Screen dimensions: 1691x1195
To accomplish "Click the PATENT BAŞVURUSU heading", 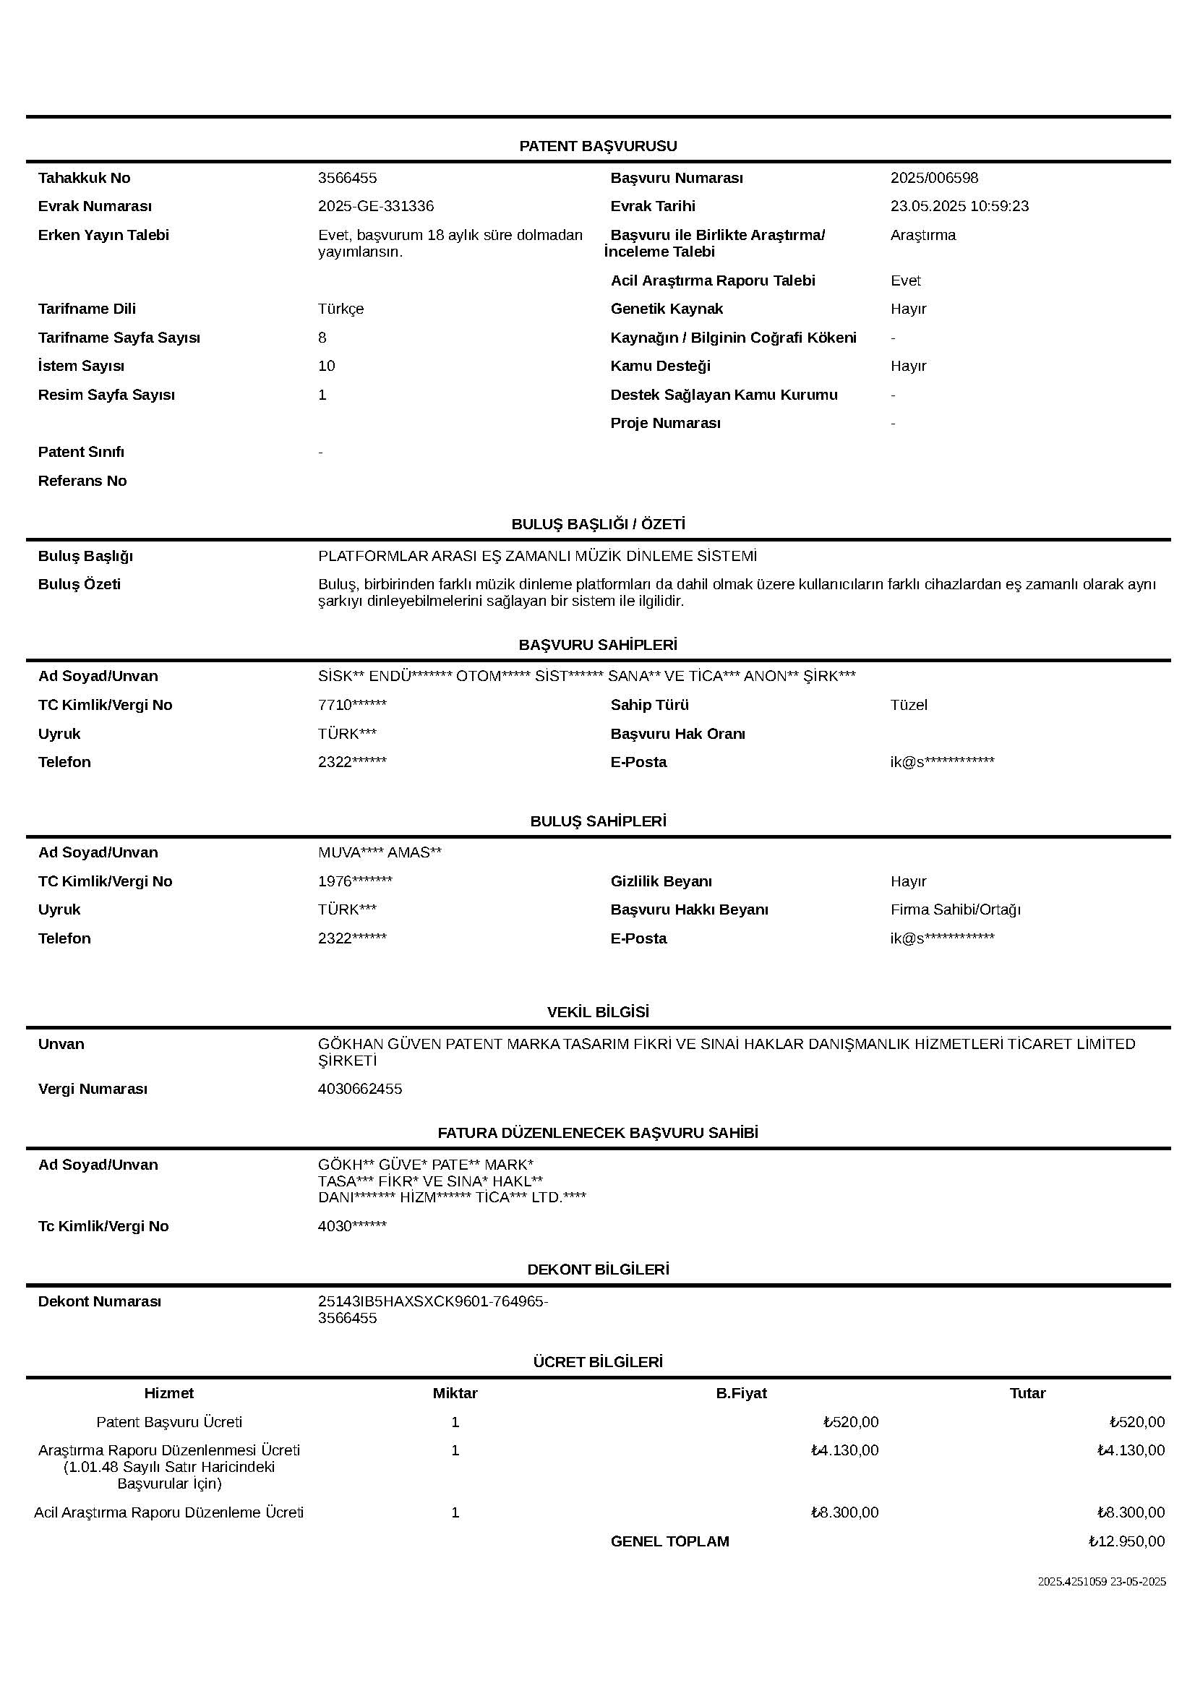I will click(x=597, y=146).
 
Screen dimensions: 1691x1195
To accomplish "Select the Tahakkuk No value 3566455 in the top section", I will click(x=348, y=178).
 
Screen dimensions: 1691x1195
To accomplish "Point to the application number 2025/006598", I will click(x=933, y=178).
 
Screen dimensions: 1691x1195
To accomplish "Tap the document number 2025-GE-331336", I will click(x=375, y=206).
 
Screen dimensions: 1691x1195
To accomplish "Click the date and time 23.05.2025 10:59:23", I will click(x=959, y=206).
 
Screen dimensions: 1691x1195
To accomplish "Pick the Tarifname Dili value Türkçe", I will click(x=341, y=309).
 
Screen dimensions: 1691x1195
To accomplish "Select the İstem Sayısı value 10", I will click(x=327, y=366).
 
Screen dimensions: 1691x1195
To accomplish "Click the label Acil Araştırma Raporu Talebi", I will click(x=712, y=281).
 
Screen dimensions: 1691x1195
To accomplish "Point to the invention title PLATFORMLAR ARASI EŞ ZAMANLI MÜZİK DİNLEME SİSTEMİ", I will click(x=536, y=556).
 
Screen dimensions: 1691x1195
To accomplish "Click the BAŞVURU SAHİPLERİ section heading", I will click(x=597, y=644).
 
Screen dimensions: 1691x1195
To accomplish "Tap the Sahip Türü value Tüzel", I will click(x=909, y=705).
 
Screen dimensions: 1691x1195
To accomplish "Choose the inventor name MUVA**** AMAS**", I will click(x=380, y=852).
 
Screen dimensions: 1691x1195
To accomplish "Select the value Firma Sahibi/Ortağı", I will click(x=955, y=909).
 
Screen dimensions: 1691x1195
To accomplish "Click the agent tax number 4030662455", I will click(x=360, y=1089).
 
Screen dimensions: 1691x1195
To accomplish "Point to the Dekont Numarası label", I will click(x=99, y=1301).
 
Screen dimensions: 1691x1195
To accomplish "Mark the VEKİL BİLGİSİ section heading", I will click(x=597, y=1012).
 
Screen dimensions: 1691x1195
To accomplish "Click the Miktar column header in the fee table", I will click(x=455, y=1392).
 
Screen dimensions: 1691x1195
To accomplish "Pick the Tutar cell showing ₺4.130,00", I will click(x=1130, y=1450).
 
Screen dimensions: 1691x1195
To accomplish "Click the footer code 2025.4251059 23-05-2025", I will click(x=1102, y=1581).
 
